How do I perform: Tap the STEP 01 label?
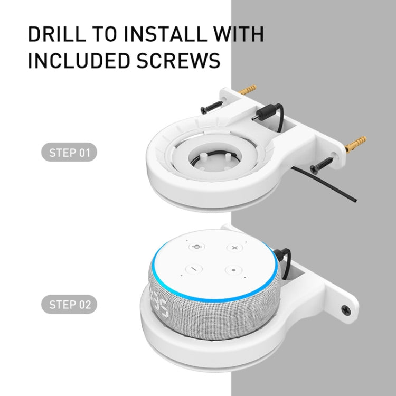[x=69, y=154]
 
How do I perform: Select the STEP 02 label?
[x=69, y=305]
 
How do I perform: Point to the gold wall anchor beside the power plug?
[x=247, y=90]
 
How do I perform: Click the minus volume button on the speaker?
[x=194, y=268]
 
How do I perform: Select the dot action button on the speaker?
[x=233, y=270]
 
